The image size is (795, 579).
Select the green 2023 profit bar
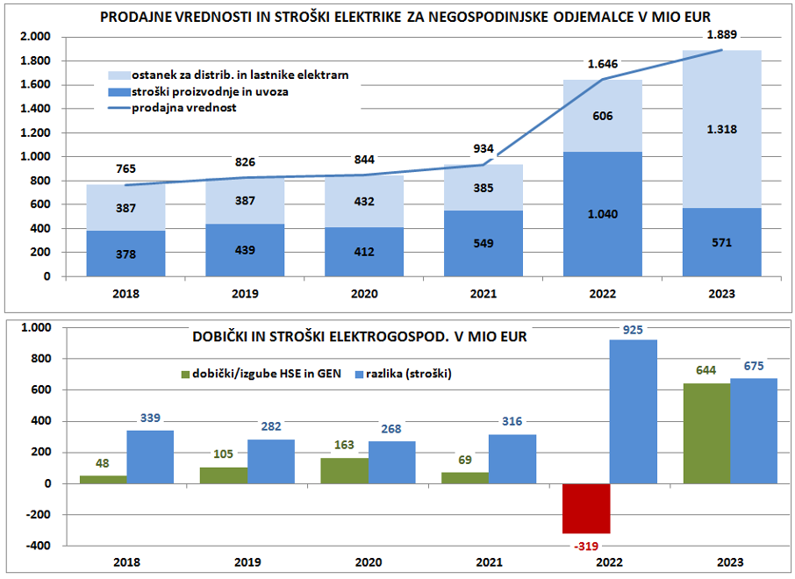[706, 433]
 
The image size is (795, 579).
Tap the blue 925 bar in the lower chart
[634, 411]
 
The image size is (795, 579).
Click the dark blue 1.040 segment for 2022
[602, 214]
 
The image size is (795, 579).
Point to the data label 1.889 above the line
[721, 35]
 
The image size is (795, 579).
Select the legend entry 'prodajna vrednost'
[184, 108]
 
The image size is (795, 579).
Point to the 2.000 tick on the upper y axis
[36, 37]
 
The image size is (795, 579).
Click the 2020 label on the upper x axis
[362, 294]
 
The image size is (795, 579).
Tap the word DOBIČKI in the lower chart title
[224, 336]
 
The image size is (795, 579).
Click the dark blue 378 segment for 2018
[125, 254]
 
